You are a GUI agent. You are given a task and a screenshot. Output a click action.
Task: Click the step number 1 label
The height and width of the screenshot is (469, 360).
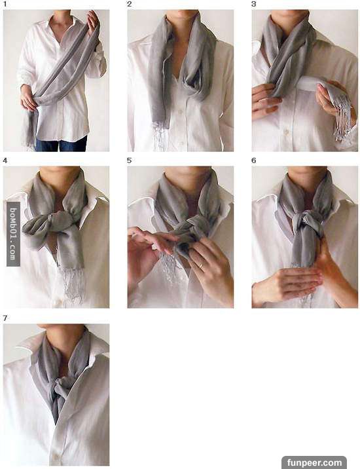[x=5, y=5]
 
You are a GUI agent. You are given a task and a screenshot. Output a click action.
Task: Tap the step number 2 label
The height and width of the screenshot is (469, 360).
[x=129, y=4]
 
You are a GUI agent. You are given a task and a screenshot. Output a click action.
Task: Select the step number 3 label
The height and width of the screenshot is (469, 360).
[x=253, y=4]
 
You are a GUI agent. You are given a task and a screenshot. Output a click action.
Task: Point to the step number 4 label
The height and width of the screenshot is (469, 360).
[x=5, y=160]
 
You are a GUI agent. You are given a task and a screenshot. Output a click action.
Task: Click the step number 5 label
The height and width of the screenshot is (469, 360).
[x=129, y=160]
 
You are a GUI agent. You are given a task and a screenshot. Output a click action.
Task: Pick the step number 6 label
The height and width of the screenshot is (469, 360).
[x=253, y=160]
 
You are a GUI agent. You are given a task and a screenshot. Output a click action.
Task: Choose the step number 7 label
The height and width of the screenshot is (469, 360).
[x=5, y=318]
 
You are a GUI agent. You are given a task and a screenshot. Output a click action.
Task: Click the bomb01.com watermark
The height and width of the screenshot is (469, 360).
[x=13, y=234]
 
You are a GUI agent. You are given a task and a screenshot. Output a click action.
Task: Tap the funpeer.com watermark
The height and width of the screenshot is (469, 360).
[x=314, y=462]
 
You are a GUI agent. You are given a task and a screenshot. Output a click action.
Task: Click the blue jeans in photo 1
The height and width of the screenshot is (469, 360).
[x=62, y=144]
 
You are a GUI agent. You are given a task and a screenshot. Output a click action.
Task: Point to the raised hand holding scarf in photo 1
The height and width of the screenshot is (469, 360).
[x=93, y=22]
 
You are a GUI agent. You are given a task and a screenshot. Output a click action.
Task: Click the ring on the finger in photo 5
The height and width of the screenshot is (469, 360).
[x=201, y=265]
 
